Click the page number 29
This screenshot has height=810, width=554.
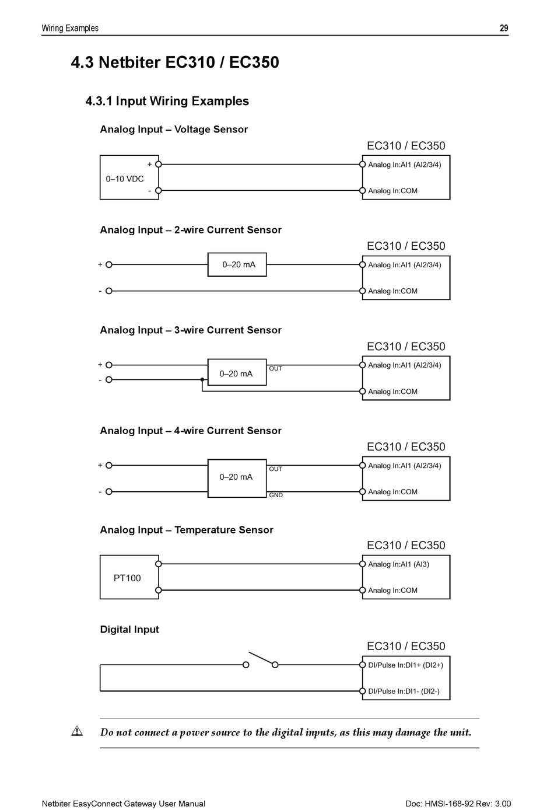pos(504,28)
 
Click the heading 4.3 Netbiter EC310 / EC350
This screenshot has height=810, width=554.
pos(175,62)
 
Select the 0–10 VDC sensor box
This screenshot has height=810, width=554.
pos(129,177)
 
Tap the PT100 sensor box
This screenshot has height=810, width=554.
pos(129,577)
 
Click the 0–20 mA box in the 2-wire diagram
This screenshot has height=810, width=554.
pos(237,264)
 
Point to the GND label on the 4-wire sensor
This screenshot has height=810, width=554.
pos(276,495)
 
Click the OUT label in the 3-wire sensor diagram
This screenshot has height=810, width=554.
pos(275,369)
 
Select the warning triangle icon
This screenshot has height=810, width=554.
pos(77,731)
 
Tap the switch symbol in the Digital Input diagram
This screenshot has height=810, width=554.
pos(261,660)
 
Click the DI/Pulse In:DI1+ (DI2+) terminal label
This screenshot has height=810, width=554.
pos(405,665)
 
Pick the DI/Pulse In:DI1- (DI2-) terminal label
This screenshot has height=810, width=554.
pos(404,692)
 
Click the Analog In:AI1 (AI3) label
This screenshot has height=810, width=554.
pos(398,564)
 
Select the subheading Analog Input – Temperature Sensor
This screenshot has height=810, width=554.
pos(187,530)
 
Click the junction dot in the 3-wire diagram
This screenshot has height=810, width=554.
pos(202,379)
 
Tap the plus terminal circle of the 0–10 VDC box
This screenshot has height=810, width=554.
pos(159,165)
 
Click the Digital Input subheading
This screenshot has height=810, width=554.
pos(129,630)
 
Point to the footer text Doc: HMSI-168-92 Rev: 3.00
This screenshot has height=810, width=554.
pos(458,804)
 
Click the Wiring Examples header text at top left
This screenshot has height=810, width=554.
pos(70,28)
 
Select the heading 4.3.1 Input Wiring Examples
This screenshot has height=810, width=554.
pos(167,101)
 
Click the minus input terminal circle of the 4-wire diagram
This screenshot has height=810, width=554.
pos(109,491)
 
